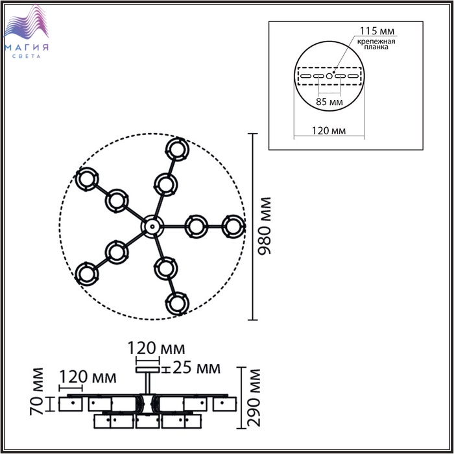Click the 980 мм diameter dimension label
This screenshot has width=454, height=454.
click(x=265, y=226)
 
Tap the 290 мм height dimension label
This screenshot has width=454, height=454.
click(x=254, y=398)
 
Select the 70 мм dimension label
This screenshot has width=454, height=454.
click(x=37, y=391)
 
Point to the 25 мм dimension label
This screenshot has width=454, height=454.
click(x=197, y=368)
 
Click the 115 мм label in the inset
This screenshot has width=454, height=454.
click(x=377, y=30)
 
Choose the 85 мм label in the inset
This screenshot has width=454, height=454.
click(x=329, y=102)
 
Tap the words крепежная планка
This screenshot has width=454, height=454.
click(x=376, y=44)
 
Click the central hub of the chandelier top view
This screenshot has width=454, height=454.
click(x=152, y=226)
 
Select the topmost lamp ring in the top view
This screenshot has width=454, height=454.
click(x=177, y=149)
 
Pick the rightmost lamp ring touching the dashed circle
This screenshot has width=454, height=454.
click(x=233, y=226)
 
